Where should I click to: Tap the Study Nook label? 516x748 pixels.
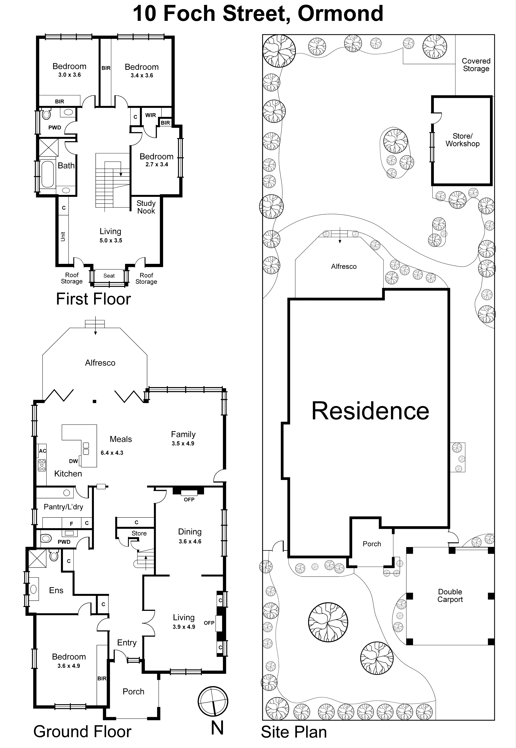[x=146, y=207]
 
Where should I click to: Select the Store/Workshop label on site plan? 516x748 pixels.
[x=462, y=140]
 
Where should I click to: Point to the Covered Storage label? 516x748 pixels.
[x=476, y=65]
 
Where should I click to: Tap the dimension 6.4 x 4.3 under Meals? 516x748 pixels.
[x=112, y=453]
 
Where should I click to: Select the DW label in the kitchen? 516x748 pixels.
[x=73, y=461]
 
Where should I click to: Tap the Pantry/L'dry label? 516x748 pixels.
[x=63, y=507]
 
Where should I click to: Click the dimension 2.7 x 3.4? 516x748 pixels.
[x=157, y=164]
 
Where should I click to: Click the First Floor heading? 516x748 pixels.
[x=93, y=299]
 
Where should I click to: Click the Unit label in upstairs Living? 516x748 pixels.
[x=63, y=237]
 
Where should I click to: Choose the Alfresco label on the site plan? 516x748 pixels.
[x=344, y=267]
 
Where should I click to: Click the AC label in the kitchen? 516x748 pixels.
[x=42, y=451]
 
